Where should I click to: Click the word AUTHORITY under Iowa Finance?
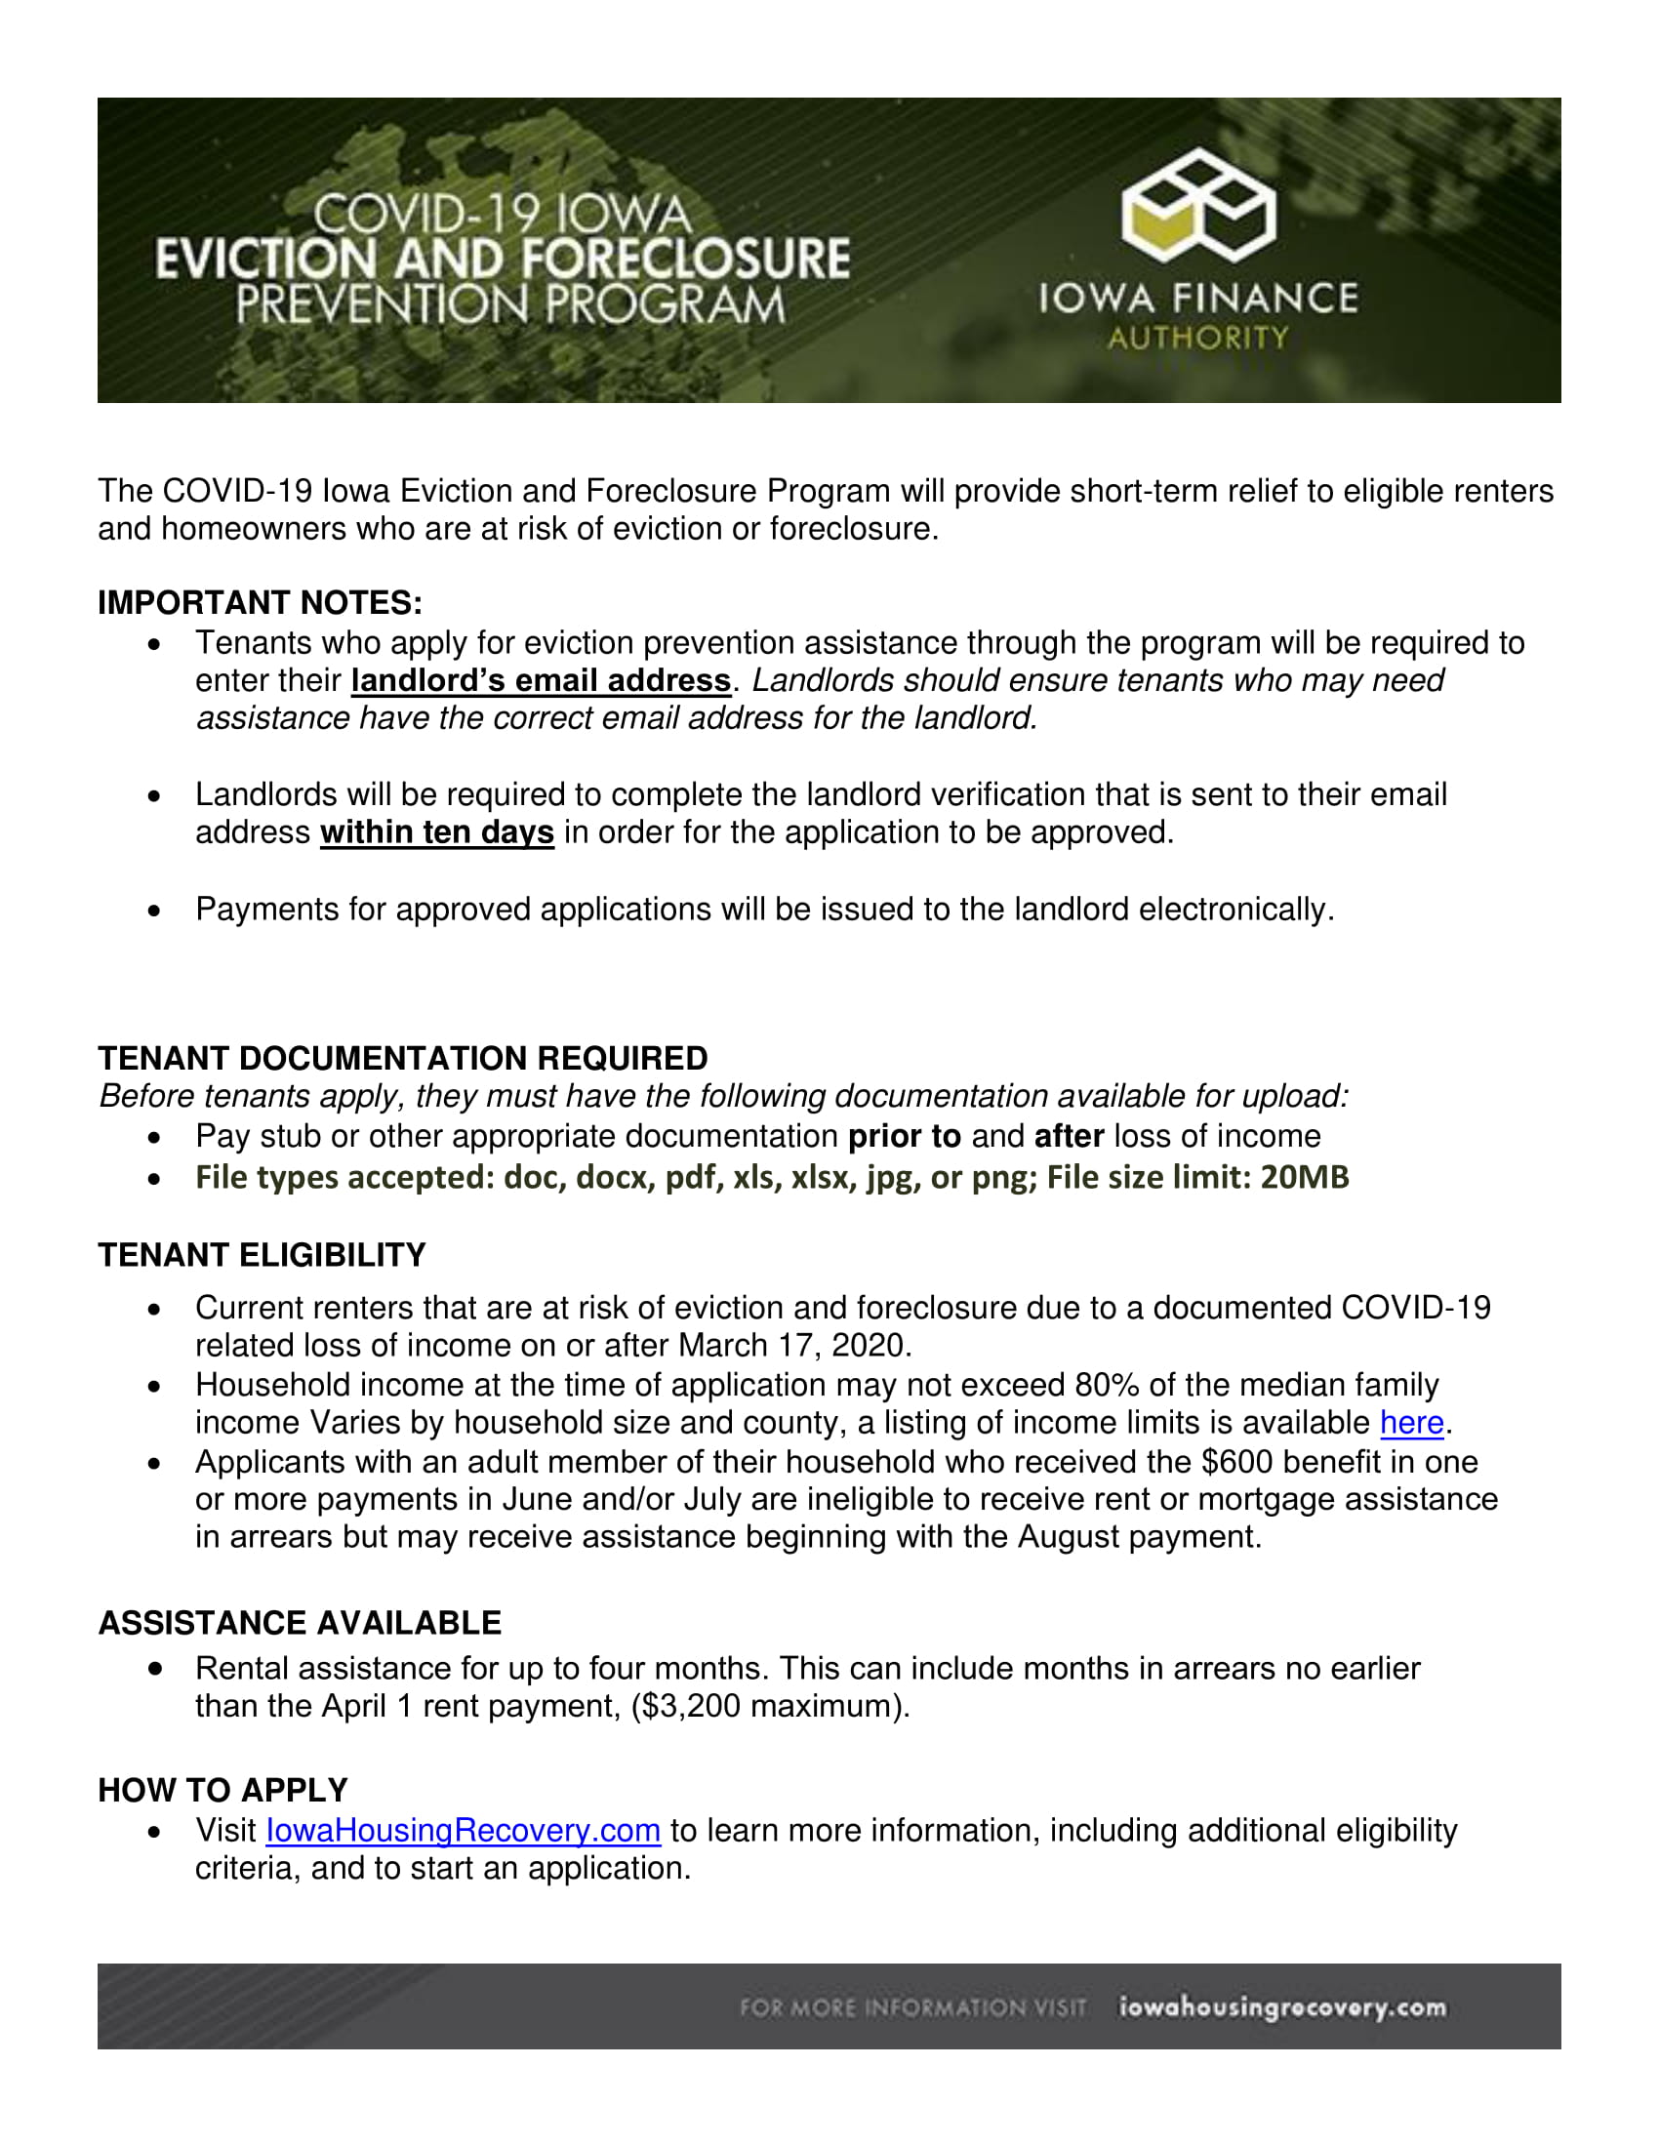pos(1197,339)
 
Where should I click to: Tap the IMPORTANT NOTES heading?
pos(260,602)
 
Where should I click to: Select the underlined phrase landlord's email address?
pos(541,680)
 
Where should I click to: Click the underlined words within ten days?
pos(436,832)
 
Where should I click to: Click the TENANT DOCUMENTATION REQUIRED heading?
pos(403,1058)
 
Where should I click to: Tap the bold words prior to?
pos(905,1136)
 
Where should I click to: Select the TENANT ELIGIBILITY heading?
pos(262,1255)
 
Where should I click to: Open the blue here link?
pos(1411,1423)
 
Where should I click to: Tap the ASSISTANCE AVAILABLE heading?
pos(300,1623)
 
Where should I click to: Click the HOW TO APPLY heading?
pos(223,1790)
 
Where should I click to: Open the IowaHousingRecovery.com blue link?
pos(463,1831)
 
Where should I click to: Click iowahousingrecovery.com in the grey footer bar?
pos(1282,2007)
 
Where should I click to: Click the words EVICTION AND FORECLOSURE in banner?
pos(503,259)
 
